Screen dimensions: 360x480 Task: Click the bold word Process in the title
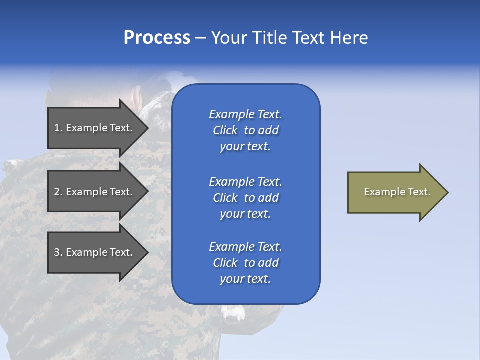point(157,38)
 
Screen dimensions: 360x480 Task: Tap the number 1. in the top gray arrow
point(58,128)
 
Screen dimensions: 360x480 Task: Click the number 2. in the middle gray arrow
point(58,192)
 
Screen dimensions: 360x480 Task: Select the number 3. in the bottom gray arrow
point(58,252)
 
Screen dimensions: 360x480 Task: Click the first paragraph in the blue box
point(245,130)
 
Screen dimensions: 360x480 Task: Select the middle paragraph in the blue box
point(245,198)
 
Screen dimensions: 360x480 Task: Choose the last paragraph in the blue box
point(245,263)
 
